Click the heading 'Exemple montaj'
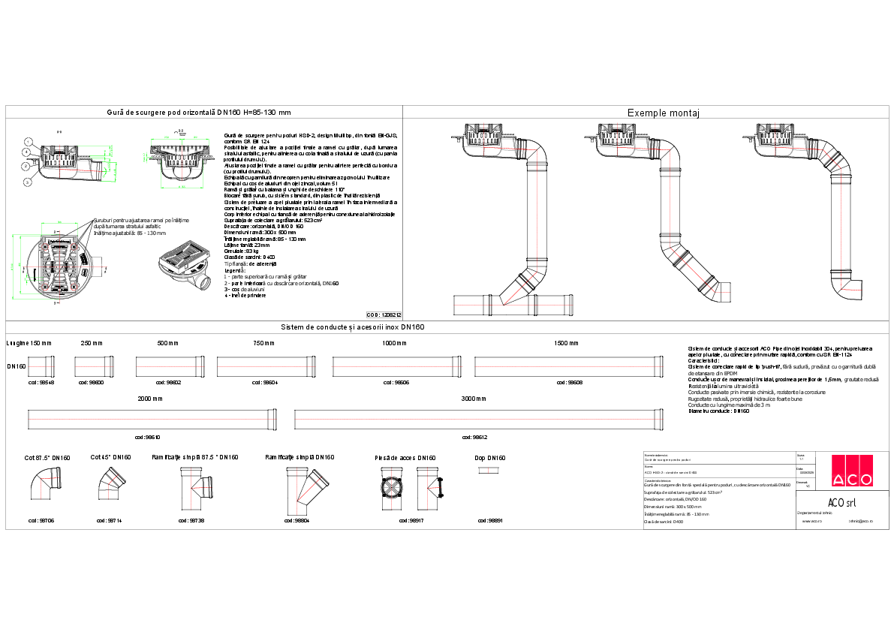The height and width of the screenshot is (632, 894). (x=663, y=113)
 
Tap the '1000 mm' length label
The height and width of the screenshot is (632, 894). (x=393, y=343)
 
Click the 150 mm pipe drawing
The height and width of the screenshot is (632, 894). (x=42, y=367)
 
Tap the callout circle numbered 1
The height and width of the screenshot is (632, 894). (x=26, y=141)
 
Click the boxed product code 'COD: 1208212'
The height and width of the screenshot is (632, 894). (x=384, y=315)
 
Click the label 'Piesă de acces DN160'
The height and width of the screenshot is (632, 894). (x=405, y=457)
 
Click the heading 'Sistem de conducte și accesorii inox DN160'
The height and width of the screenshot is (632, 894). (x=354, y=327)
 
